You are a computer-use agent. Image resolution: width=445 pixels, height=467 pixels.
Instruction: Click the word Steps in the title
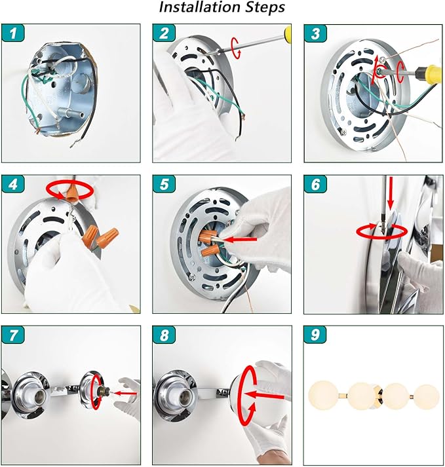(x=265, y=8)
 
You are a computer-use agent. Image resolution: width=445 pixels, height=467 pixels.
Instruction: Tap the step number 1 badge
(x=13, y=33)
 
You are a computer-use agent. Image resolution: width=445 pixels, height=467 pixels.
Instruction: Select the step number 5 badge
(x=164, y=184)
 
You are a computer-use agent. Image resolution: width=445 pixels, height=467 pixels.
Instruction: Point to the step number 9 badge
(x=315, y=335)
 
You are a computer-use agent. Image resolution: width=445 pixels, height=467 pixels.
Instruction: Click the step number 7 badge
(x=13, y=335)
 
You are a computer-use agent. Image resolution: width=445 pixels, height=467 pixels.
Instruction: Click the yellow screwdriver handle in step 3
(x=429, y=71)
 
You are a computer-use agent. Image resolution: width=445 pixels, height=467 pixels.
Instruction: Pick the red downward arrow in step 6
(x=391, y=192)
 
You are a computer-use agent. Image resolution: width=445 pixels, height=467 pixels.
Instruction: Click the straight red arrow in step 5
(x=240, y=239)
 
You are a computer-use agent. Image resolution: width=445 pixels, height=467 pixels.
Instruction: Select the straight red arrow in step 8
(x=263, y=396)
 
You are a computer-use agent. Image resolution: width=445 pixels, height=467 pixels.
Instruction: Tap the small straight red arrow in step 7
(x=125, y=394)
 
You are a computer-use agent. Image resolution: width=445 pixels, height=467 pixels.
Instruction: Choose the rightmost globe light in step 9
(x=427, y=398)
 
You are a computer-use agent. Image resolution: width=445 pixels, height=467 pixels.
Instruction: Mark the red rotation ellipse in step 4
(x=70, y=191)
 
